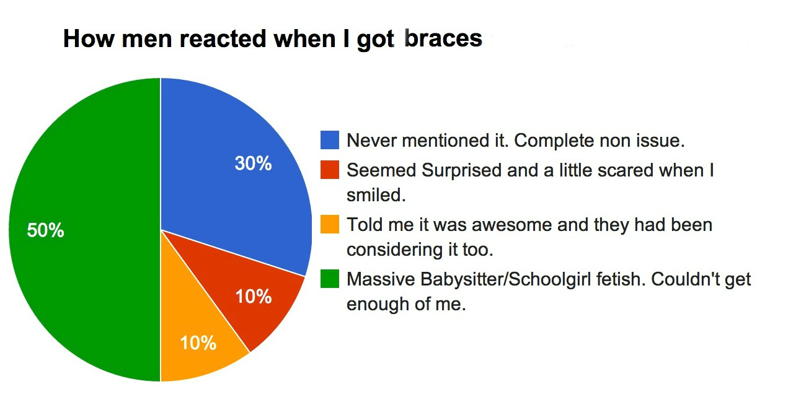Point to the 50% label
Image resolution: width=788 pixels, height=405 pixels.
coord(45,230)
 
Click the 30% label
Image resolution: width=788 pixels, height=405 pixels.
coord(254,163)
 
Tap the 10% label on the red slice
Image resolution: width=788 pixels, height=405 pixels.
coord(254,297)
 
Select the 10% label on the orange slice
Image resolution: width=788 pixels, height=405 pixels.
coord(198,343)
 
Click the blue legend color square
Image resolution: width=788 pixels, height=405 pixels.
coord(330,140)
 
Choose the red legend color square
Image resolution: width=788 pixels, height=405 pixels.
coord(330,170)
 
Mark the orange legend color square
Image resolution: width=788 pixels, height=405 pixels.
coord(330,224)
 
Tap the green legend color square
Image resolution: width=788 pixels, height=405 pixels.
coord(330,279)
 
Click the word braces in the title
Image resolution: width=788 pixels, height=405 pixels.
coord(443,38)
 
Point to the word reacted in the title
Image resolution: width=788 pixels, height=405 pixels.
coord(223,38)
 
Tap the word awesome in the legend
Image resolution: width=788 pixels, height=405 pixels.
coord(512,225)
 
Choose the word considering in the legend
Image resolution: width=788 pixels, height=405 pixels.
coord(395,250)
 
